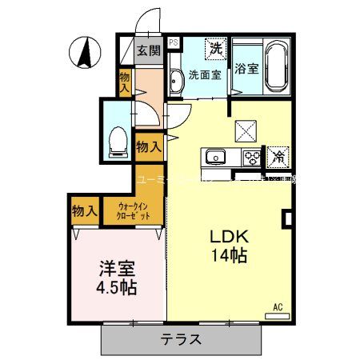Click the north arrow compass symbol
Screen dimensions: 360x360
point(84,54)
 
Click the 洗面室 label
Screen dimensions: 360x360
point(203,76)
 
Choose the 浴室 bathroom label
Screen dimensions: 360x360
point(246,69)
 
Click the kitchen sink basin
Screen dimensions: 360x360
point(216,155)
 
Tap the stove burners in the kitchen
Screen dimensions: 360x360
point(252,156)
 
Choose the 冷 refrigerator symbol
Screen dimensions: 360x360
point(278,157)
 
